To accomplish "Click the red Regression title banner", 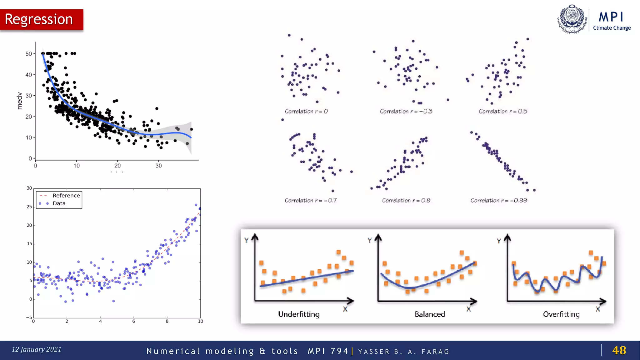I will (42, 19).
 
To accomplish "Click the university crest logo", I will (572, 19).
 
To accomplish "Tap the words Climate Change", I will (612, 28).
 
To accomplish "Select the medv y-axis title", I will (20, 101).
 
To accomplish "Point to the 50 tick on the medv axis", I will (29, 54).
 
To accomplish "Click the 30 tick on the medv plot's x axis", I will (158, 166).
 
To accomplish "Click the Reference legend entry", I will (66, 196).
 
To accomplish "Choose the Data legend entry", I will (59, 203).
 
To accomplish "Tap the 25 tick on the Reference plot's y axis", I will (29, 207).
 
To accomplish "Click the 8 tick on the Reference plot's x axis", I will (167, 321).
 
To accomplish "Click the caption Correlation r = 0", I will (306, 111).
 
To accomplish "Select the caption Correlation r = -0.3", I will (406, 111).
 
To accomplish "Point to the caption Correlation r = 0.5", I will (503, 111).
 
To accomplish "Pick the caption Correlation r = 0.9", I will (406, 200).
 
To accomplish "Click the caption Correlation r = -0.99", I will (499, 200).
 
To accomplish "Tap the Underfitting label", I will (299, 314).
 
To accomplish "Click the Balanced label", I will (430, 314).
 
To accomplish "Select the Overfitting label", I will (561, 314).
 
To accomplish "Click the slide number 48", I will (619, 350).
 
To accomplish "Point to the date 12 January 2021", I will (37, 349).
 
